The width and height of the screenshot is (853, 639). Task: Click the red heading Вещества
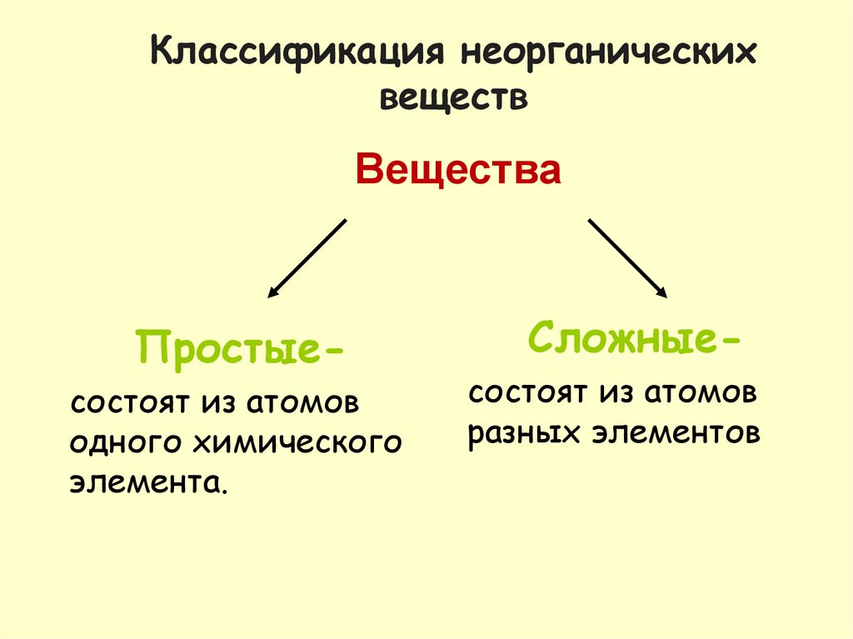coord(457,171)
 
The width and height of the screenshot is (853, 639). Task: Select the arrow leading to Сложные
coord(626,257)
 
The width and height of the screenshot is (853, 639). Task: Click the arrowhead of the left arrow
coord(272,293)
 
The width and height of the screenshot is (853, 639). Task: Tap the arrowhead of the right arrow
coord(661,292)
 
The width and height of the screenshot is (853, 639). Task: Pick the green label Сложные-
coord(633,338)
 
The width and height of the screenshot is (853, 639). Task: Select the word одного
coord(127,442)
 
